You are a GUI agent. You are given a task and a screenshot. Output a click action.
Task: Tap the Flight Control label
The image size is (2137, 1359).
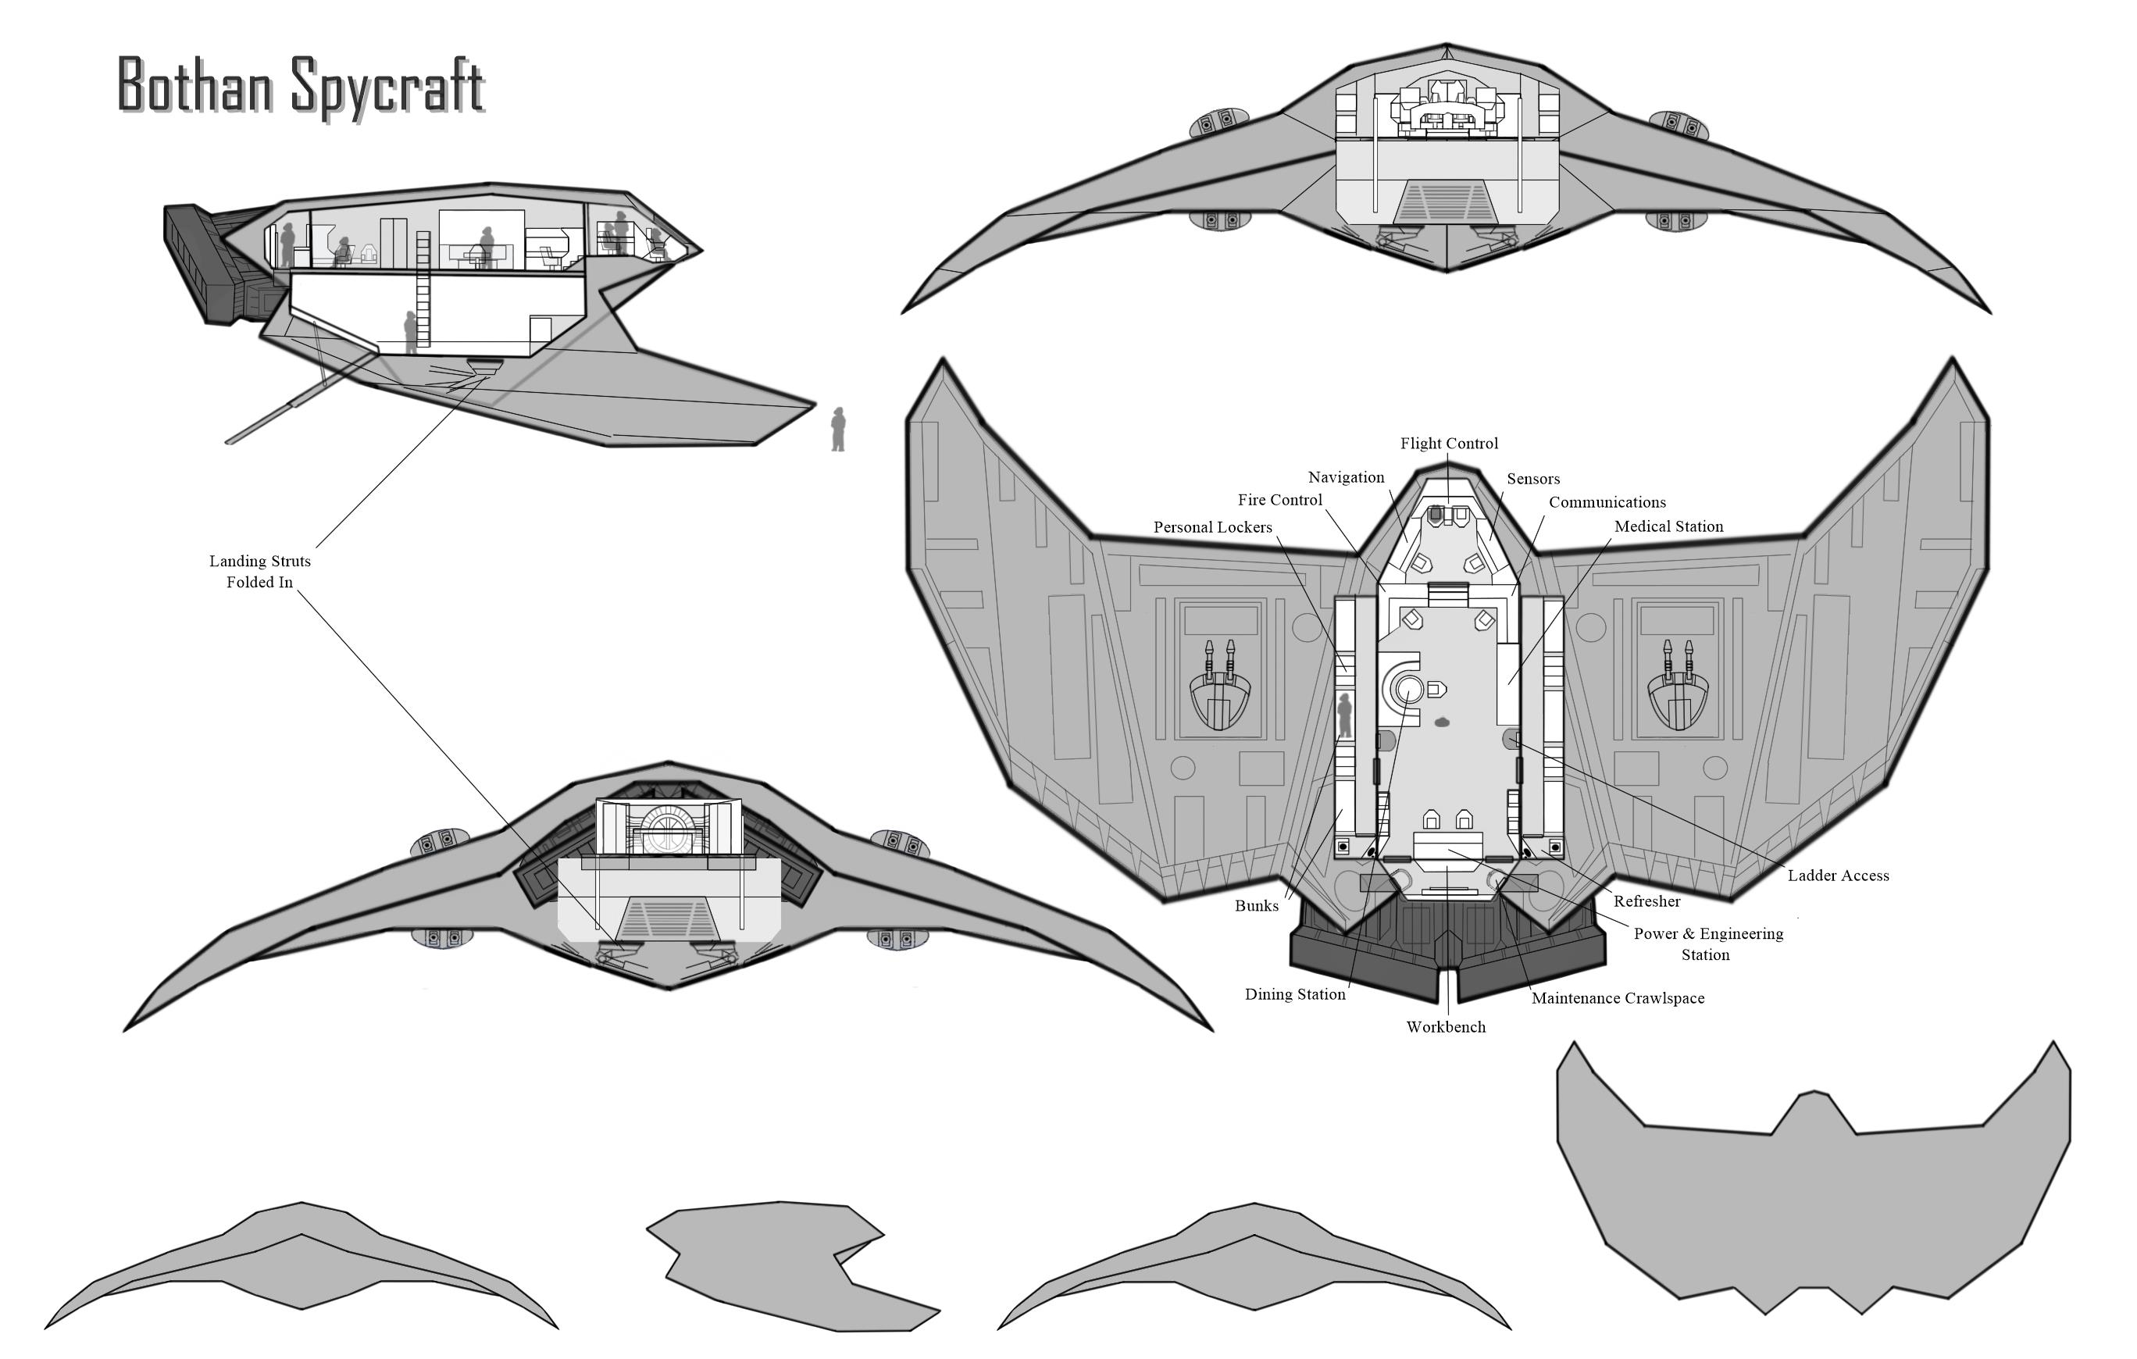tap(1448, 444)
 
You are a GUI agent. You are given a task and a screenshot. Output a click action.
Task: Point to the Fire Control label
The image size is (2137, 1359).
tap(1279, 501)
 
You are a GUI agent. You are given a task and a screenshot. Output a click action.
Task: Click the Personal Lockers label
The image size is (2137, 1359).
tap(1212, 527)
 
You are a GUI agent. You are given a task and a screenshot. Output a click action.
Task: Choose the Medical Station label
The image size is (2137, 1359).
tap(1668, 526)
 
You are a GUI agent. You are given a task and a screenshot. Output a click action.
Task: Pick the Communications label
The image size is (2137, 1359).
tap(1607, 502)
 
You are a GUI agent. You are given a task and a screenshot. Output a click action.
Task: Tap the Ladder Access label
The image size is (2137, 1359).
tap(1837, 876)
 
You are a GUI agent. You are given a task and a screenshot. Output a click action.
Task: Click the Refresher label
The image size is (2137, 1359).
tap(1646, 902)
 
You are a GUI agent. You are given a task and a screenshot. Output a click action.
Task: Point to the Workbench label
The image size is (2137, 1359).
tap(1445, 1027)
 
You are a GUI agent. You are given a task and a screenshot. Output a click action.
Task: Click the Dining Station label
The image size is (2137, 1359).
tap(1294, 994)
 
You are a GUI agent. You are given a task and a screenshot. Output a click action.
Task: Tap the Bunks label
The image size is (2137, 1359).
tap(1256, 906)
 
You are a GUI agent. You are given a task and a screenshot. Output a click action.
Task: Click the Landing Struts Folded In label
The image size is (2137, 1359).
tap(259, 572)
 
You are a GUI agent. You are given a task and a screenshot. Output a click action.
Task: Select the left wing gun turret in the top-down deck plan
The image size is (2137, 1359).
tap(1219, 688)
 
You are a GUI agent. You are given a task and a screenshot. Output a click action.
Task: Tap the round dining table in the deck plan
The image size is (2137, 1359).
tap(1407, 689)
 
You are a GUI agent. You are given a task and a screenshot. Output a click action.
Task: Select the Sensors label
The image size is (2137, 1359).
tap(1532, 480)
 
